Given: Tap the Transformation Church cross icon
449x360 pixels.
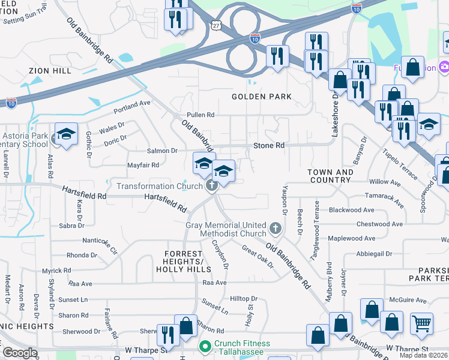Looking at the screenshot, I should click(x=211, y=186).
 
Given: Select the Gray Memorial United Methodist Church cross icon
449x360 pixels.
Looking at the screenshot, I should click(x=275, y=228).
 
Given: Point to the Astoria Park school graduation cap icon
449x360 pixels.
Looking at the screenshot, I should click(x=66, y=134).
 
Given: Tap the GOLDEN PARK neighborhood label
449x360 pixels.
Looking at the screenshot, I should click(x=262, y=97).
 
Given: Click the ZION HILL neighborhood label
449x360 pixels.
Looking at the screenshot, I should click(x=50, y=71).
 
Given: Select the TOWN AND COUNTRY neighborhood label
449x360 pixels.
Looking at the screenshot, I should click(x=331, y=176).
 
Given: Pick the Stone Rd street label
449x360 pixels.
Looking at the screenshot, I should click(x=268, y=146).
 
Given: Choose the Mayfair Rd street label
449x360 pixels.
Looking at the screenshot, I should click(x=143, y=165).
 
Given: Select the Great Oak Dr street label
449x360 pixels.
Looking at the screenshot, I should click(x=257, y=256).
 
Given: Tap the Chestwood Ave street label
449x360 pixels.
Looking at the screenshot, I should click(x=379, y=224).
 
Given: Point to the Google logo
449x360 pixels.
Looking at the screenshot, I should click(x=20, y=352).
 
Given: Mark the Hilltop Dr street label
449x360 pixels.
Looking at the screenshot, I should click(x=244, y=298).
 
